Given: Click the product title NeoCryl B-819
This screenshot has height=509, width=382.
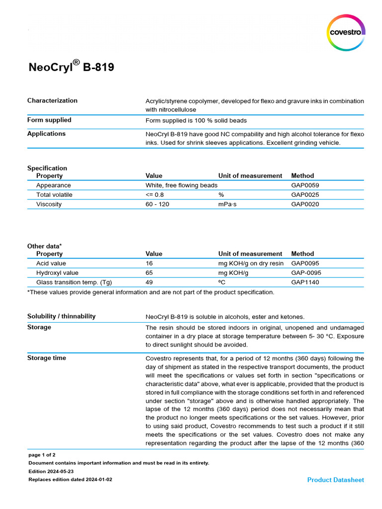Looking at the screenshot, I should pos(71,67).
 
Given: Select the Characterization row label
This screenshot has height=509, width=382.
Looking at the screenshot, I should pos(52,100).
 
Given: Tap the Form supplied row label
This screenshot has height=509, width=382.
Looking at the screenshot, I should pos(49,120).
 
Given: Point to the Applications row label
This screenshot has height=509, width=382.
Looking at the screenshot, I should pos(46,134).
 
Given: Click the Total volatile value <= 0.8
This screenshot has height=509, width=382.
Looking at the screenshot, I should pos(154,195).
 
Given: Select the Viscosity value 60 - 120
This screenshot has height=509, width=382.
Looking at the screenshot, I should pos(157,204).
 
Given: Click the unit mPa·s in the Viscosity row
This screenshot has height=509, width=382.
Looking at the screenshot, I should pos(227,204).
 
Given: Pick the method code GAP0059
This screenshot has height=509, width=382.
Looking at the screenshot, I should pos(305,185).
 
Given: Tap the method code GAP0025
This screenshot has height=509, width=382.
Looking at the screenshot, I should pos(305,195).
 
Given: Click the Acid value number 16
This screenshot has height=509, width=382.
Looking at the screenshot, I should pos(149,263).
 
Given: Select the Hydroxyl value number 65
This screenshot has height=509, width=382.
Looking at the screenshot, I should pos(149,273).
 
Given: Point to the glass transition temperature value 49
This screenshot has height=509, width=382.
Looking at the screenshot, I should pos(149,282).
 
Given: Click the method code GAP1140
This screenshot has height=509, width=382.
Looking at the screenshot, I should pos(305,282).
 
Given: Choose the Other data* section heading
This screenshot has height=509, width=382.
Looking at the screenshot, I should pos(45,246).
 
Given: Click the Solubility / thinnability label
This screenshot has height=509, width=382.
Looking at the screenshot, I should pos(61,317).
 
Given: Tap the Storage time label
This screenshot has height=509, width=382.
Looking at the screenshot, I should pos(47,358).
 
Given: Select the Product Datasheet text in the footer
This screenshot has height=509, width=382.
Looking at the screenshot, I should pos(335,480).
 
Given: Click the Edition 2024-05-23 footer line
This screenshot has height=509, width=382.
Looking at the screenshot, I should pos(51,471).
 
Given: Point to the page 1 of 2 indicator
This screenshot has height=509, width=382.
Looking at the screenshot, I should pos(42,455).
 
